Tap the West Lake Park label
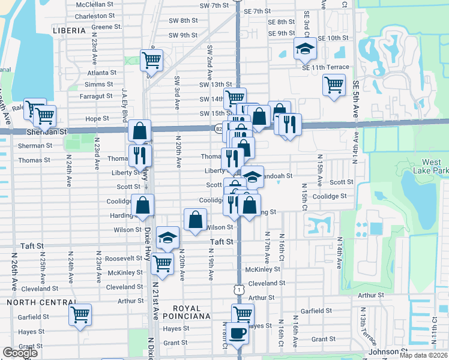coord(431,166)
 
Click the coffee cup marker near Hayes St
coord(237,332)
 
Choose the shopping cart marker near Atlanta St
coord(151,59)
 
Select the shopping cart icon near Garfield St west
coord(80,313)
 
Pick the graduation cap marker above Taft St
coord(167,237)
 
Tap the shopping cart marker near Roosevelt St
coord(162,262)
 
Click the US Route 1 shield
coord(238,290)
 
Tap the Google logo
coord(20,353)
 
